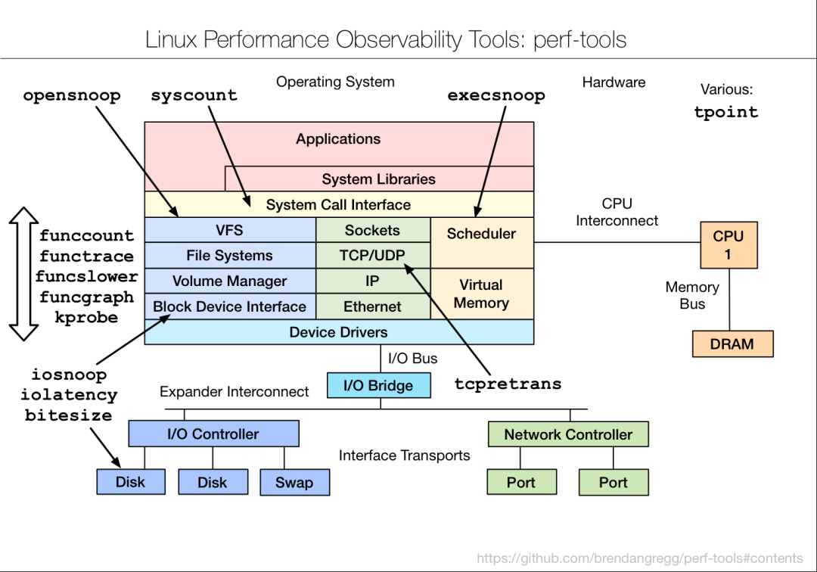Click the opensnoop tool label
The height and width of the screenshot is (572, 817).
[x=72, y=96]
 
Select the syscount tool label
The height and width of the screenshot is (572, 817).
[x=194, y=96]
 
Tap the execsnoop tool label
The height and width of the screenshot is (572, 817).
[x=496, y=96]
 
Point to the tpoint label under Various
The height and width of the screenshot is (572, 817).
[x=725, y=113]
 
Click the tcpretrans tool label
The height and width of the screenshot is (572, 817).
[x=508, y=384]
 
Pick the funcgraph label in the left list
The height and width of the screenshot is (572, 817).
[x=86, y=297]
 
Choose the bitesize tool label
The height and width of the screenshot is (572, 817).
[x=68, y=415]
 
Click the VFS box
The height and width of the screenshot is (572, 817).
[x=230, y=230]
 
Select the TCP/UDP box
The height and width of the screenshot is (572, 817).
[x=373, y=256]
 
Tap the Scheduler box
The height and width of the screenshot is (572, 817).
[x=481, y=234]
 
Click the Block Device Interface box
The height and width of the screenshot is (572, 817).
[x=230, y=306]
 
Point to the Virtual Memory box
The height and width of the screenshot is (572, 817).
[x=481, y=294]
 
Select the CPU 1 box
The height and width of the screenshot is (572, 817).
[x=728, y=245]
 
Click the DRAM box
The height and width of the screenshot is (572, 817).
[x=732, y=344]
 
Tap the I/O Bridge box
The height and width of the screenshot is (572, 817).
[x=379, y=385]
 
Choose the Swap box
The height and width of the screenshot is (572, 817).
[x=294, y=483]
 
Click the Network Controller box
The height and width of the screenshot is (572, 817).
[x=568, y=434]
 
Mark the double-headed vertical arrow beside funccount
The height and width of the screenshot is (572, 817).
[x=23, y=274]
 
